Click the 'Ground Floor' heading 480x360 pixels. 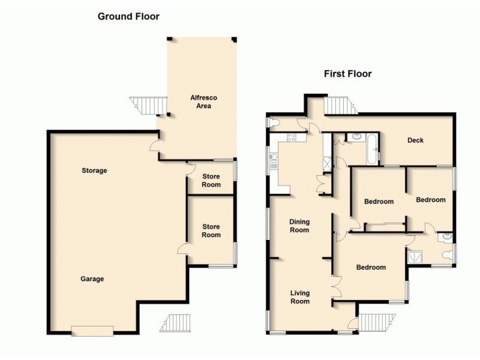[x=128, y=17]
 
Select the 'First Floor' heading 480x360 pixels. [x=347, y=74]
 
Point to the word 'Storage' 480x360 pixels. [x=94, y=171]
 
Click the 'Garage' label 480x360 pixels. [x=92, y=279]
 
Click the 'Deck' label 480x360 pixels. [x=415, y=140]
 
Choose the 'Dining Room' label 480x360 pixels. [x=299, y=226]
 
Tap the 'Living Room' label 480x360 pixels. [x=299, y=297]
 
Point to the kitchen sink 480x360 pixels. [x=274, y=159]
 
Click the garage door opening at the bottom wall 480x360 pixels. [x=92, y=331]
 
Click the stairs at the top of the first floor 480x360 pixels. [x=340, y=106]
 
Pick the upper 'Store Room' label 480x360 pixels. [x=211, y=181]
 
